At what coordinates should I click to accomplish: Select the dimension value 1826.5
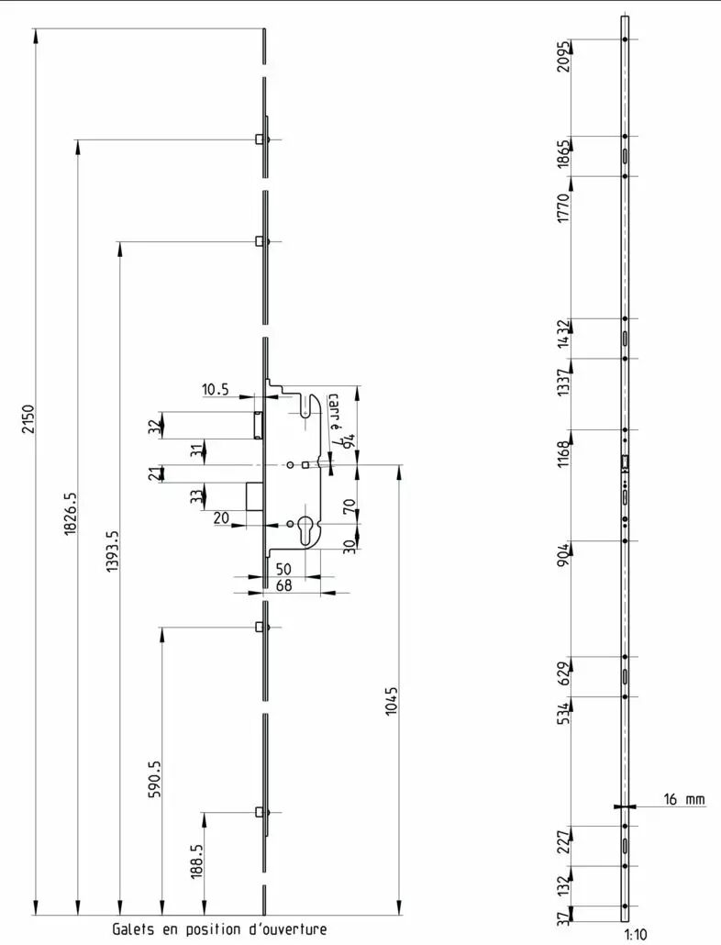pyautogui.click(x=71, y=513)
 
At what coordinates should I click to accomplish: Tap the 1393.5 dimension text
pyautogui.click(x=113, y=550)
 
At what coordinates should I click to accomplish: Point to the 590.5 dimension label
pyautogui.click(x=154, y=779)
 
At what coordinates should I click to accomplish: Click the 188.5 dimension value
pyautogui.click(x=197, y=862)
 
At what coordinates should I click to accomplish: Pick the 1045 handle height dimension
pyautogui.click(x=392, y=701)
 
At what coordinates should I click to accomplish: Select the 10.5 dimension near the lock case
pyautogui.click(x=215, y=389)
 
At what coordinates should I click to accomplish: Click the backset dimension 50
pyautogui.click(x=283, y=569)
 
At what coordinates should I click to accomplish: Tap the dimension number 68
pyautogui.click(x=283, y=585)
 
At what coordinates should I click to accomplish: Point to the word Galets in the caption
pyautogui.click(x=133, y=928)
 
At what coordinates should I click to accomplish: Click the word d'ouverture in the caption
pyautogui.click(x=288, y=928)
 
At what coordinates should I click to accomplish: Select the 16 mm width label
pyautogui.click(x=683, y=799)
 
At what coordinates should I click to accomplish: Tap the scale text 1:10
pyautogui.click(x=636, y=935)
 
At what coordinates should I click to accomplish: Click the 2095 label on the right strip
pyautogui.click(x=563, y=57)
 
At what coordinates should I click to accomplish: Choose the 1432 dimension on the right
pyautogui.click(x=563, y=333)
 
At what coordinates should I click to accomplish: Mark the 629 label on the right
pyautogui.click(x=563, y=673)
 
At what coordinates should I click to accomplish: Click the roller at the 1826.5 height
pyautogui.click(x=260, y=139)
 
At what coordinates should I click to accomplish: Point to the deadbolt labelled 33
pyautogui.click(x=254, y=496)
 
